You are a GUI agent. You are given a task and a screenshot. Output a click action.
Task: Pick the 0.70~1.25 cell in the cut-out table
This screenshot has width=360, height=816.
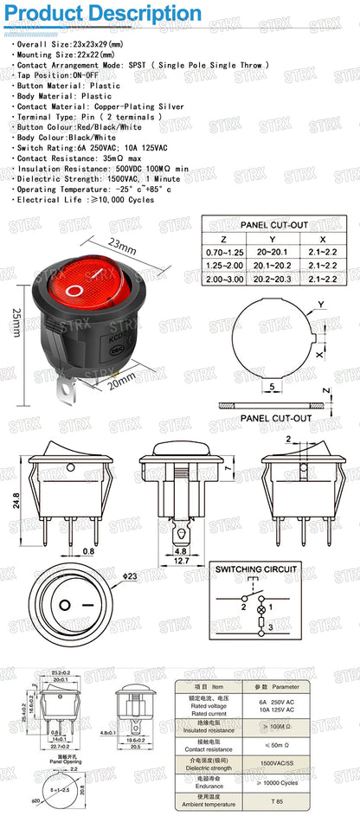(x=224, y=252)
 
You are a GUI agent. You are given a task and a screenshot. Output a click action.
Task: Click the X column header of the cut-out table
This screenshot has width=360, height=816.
(x=323, y=238)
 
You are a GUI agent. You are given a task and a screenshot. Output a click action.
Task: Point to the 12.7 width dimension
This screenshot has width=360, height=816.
(x=181, y=561)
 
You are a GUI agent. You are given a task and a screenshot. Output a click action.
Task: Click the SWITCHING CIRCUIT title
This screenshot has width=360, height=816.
(x=255, y=569)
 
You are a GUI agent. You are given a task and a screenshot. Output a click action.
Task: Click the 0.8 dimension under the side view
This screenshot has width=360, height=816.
(x=89, y=550)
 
